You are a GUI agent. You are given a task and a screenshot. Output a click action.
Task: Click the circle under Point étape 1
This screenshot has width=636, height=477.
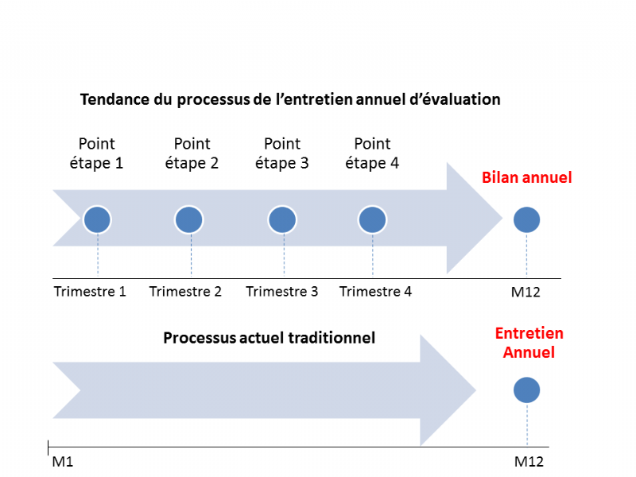97,220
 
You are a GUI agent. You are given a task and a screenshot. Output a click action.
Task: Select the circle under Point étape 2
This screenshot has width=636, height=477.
189,220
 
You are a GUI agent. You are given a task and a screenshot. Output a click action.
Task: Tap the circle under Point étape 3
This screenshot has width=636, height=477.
282,220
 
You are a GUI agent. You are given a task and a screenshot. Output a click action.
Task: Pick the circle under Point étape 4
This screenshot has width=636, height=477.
372,220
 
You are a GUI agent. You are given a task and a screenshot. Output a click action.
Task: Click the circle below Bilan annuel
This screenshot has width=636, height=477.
526,220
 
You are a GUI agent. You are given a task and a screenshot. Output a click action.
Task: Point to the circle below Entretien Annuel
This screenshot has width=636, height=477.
526,390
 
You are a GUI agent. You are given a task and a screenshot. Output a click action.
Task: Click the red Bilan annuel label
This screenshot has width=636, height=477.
527,177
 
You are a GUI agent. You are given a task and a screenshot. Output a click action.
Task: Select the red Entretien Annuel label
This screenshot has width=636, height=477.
529,343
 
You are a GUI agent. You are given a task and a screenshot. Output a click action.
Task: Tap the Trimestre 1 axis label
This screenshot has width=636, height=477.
90,291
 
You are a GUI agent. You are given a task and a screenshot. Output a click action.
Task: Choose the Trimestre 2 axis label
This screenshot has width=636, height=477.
185,291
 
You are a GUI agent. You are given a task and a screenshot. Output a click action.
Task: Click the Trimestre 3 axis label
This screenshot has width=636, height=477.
282,291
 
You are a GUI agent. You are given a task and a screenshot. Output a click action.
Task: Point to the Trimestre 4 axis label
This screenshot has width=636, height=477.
375,291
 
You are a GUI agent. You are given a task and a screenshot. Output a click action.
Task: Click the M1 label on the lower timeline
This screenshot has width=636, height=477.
63,462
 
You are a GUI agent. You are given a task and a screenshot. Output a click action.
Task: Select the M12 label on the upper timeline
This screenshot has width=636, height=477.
525,292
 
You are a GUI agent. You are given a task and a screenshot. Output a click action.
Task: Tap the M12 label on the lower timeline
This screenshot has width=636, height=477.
529,462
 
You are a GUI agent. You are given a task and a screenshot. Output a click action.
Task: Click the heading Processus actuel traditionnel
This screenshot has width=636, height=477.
269,338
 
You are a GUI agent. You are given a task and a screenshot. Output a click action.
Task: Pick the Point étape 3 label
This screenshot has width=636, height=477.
282,153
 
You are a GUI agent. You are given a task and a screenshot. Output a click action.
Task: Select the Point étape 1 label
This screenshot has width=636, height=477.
96,153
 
